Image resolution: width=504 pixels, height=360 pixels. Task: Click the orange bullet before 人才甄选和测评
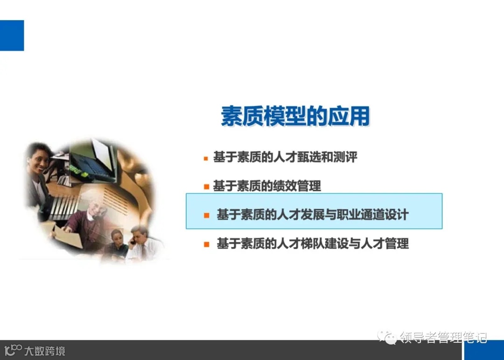[206, 158]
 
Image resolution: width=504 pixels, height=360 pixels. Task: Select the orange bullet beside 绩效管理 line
[206, 187]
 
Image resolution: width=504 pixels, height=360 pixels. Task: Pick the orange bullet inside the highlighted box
[206, 215]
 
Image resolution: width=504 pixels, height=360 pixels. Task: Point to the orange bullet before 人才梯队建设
[206, 244]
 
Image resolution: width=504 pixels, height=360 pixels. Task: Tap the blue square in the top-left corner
[12, 35]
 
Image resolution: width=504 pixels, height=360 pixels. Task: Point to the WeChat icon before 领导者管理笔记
[387, 337]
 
